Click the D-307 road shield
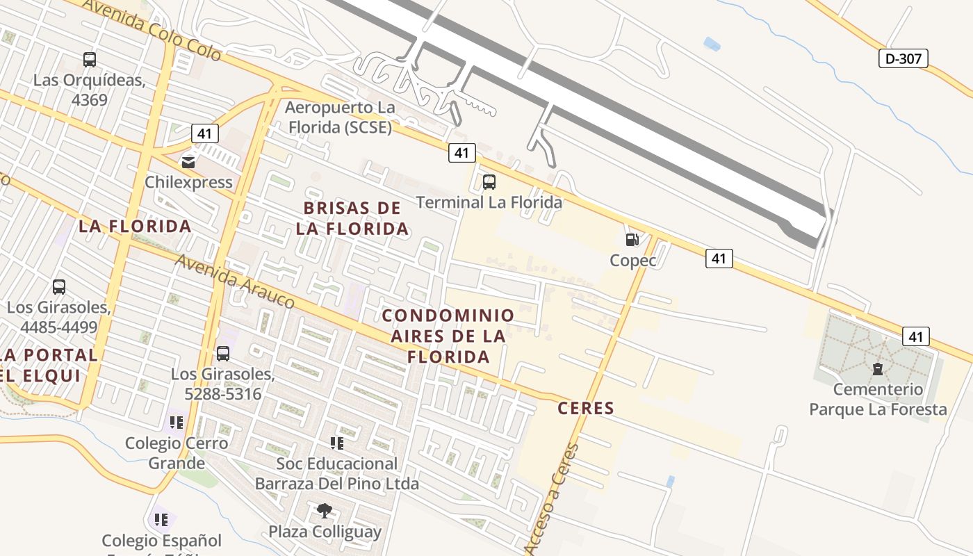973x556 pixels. point(903,58)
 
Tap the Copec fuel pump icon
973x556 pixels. point(632,240)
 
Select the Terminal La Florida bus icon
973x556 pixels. point(489,182)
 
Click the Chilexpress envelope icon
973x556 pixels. point(188,162)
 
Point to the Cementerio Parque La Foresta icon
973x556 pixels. point(877,368)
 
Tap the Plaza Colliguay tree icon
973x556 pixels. point(324,512)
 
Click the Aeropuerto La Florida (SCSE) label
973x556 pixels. point(339,117)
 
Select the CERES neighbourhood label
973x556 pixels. point(586,408)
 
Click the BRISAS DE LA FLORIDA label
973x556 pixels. point(352,218)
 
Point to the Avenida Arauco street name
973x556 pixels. point(235,281)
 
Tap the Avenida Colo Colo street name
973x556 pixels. point(152,29)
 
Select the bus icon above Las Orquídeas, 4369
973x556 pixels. point(89,60)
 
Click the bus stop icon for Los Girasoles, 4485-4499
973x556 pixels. point(59,286)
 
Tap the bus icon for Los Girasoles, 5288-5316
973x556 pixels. point(222,353)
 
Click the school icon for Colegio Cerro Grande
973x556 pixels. point(176,422)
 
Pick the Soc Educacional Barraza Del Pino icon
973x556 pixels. point(336,443)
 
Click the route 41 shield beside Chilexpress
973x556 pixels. point(204,133)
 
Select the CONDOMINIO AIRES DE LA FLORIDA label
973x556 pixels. point(448,336)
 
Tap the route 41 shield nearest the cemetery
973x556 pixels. point(915,336)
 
